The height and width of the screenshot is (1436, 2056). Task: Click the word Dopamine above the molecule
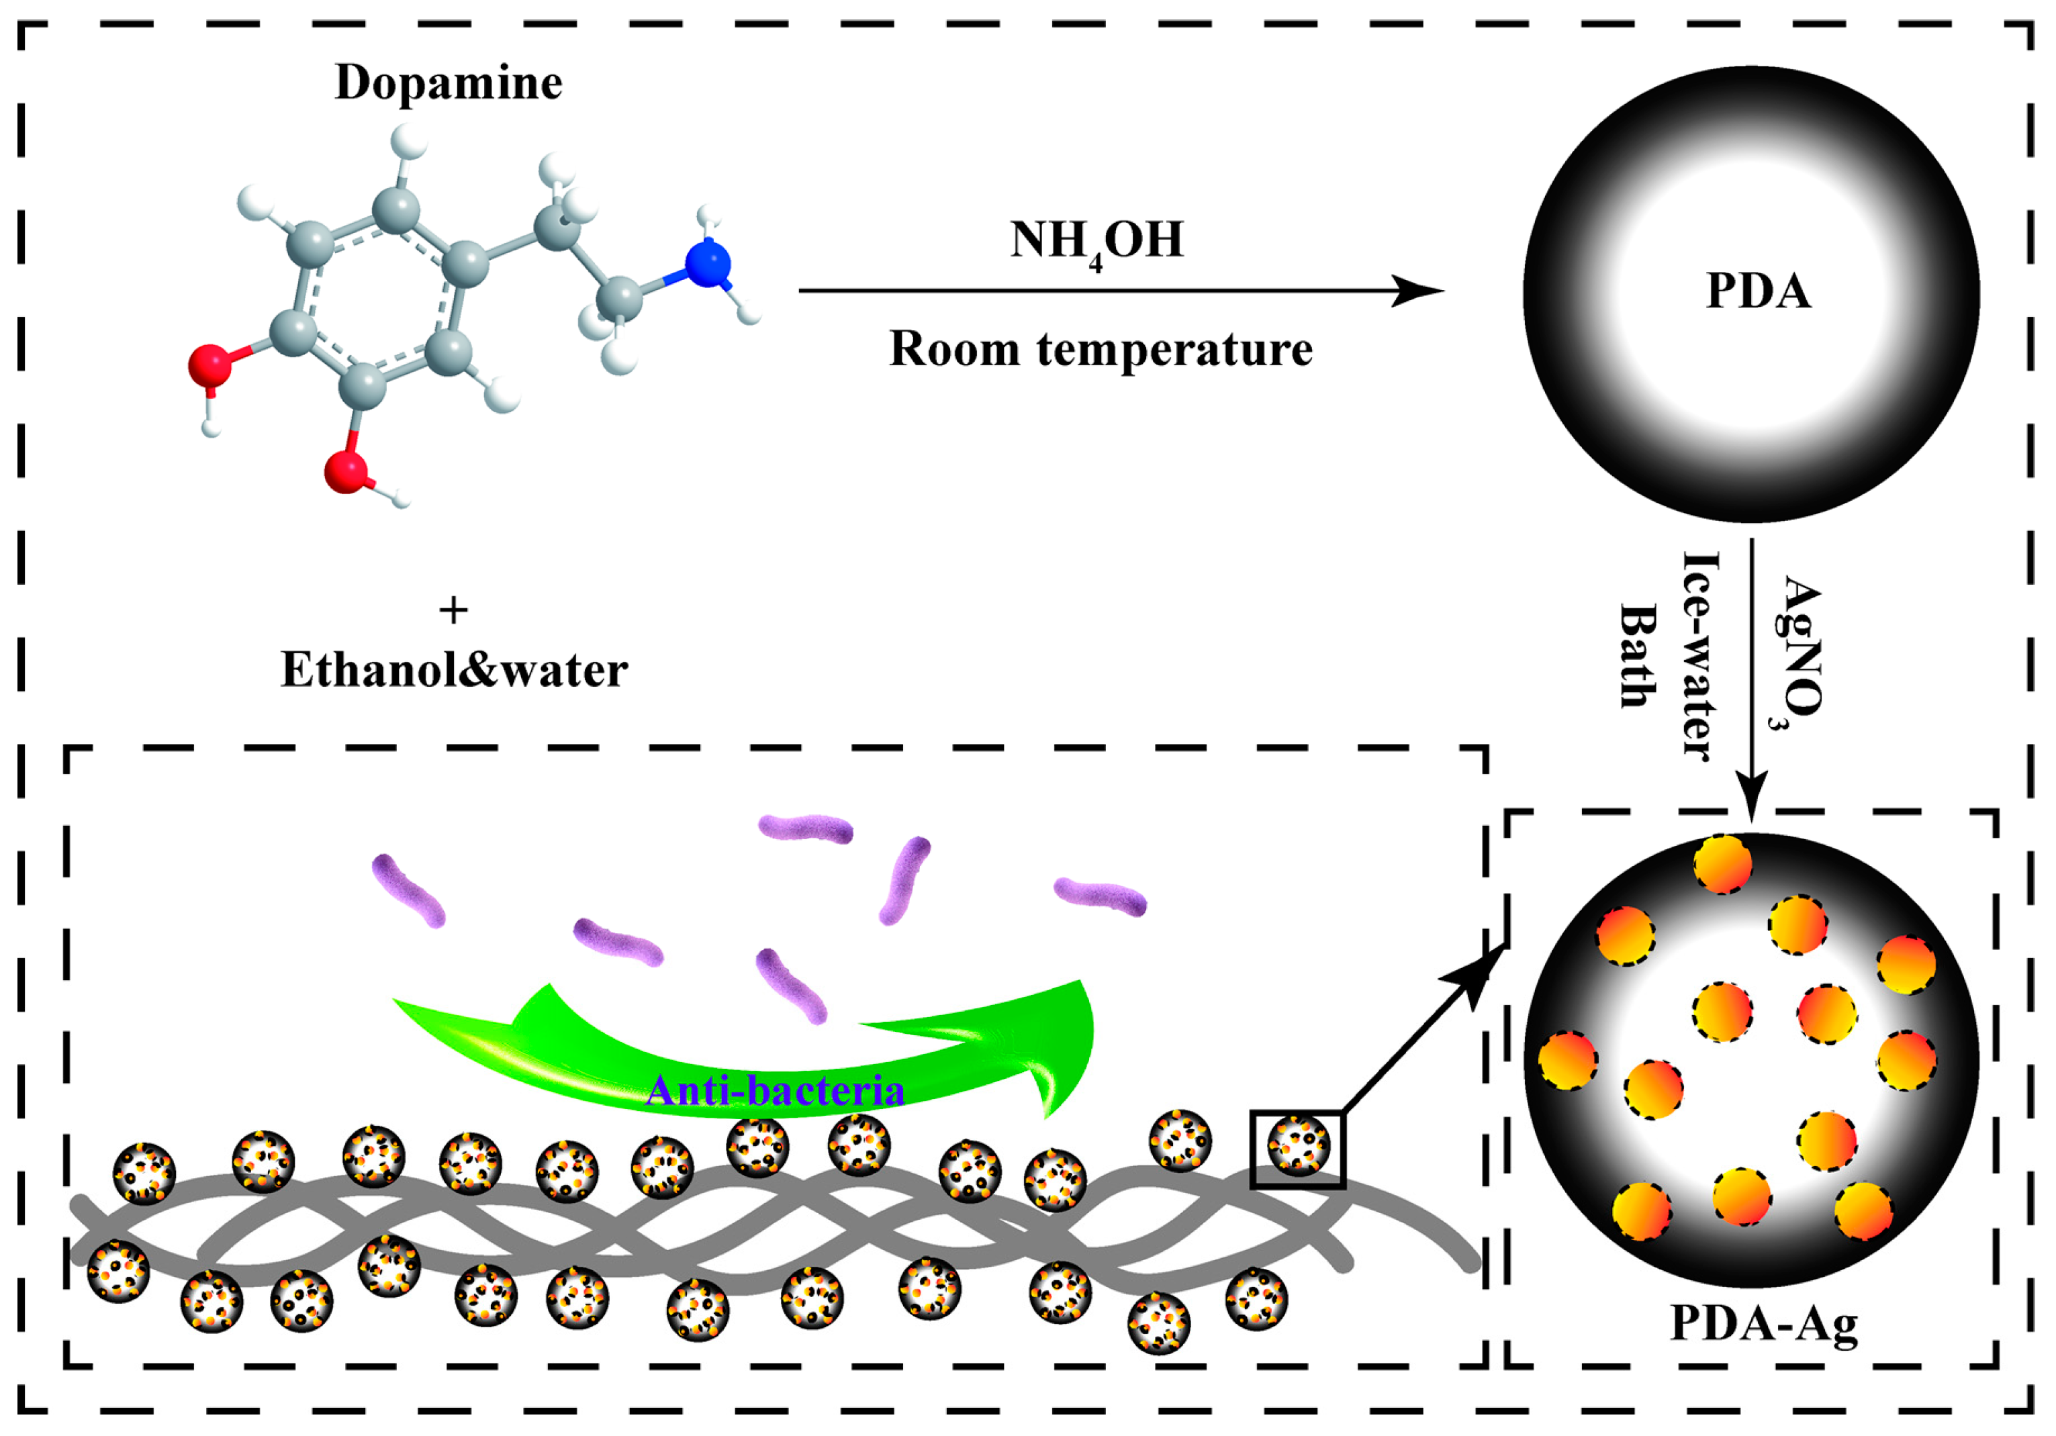coord(448,83)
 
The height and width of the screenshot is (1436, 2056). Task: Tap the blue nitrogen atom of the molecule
coord(708,263)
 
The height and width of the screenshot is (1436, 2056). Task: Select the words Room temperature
coord(1100,349)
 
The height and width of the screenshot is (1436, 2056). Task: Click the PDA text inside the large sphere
coord(1757,291)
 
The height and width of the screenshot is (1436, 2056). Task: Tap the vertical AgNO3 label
coord(1798,653)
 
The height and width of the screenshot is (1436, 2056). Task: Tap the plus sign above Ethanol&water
coord(453,610)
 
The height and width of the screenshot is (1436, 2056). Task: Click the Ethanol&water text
coord(454,669)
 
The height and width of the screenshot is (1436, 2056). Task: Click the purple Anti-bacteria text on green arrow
coord(775,1090)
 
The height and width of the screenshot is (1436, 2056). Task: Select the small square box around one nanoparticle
coord(1297,1149)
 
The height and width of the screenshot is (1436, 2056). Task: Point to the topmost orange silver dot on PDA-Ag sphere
coord(1722,864)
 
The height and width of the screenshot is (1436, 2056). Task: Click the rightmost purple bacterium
coord(1100,896)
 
